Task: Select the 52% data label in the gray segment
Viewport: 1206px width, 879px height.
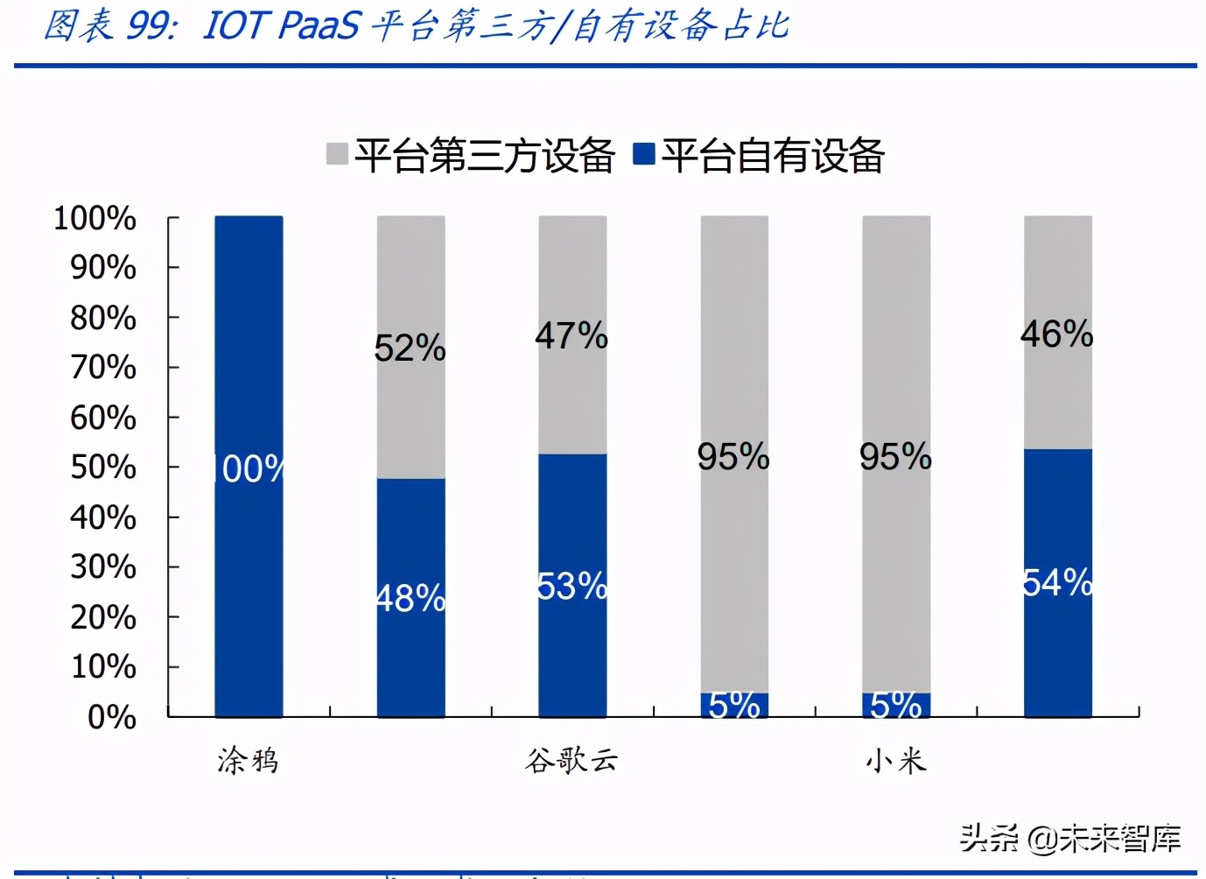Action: tap(410, 348)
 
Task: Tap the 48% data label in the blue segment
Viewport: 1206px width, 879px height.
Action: tap(410, 599)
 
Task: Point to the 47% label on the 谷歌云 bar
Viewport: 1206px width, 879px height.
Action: tap(571, 336)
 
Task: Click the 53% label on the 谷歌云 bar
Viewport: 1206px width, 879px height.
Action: tap(572, 587)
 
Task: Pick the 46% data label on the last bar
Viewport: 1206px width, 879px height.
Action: tap(1057, 334)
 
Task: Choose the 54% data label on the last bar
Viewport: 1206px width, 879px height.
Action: tap(1058, 582)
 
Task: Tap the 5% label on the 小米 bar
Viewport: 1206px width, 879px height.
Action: tap(896, 705)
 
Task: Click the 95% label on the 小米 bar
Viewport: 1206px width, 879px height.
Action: tap(895, 457)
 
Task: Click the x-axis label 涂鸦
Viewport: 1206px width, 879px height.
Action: tap(249, 760)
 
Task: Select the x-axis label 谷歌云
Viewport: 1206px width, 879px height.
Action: tap(571, 760)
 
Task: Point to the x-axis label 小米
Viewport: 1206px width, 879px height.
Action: tap(896, 760)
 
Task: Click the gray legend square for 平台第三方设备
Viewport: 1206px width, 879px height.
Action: tap(337, 154)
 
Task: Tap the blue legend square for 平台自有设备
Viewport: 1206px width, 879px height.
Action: tap(644, 154)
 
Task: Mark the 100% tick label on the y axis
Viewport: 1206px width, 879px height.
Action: tap(95, 218)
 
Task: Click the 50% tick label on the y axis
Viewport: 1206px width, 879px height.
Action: tap(103, 468)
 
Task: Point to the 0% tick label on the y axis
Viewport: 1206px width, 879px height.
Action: tap(112, 717)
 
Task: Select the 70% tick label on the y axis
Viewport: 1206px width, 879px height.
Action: tap(103, 368)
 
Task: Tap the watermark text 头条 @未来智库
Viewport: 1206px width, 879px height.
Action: tap(1070, 838)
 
